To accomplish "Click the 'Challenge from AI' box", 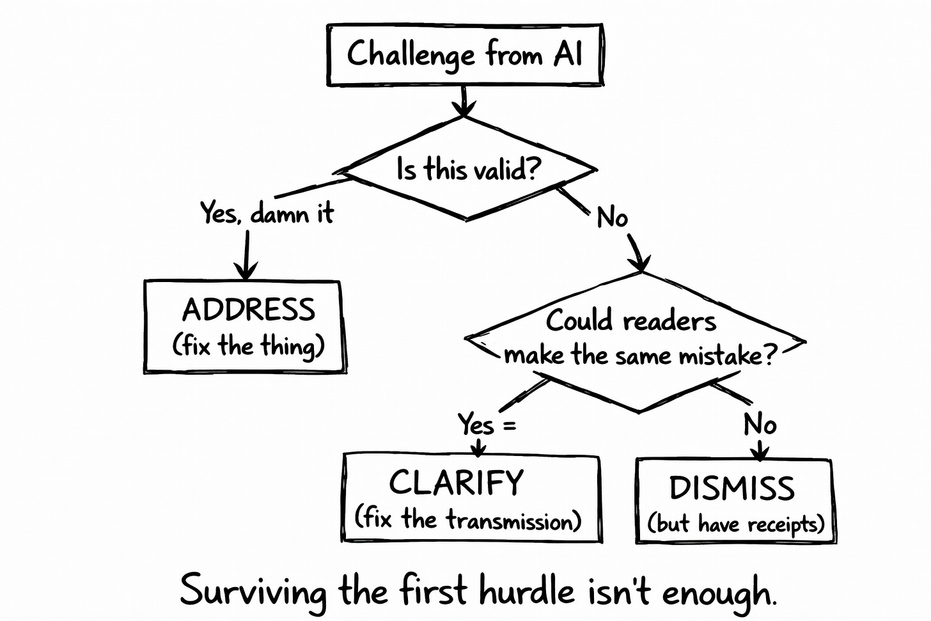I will (x=465, y=54).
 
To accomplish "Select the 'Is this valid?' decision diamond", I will (x=468, y=170).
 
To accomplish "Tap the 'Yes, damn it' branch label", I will (x=267, y=213).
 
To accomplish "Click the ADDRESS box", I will (x=244, y=326).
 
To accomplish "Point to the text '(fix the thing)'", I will (x=248, y=346).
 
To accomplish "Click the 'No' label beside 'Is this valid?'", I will (x=612, y=218).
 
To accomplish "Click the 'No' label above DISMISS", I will (x=760, y=424).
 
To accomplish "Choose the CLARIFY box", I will (x=471, y=498).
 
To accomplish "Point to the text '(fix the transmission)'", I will (x=468, y=519).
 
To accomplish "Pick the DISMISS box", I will (x=735, y=501).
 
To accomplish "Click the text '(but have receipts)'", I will (x=735, y=524).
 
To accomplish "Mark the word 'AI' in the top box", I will (x=568, y=54).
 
